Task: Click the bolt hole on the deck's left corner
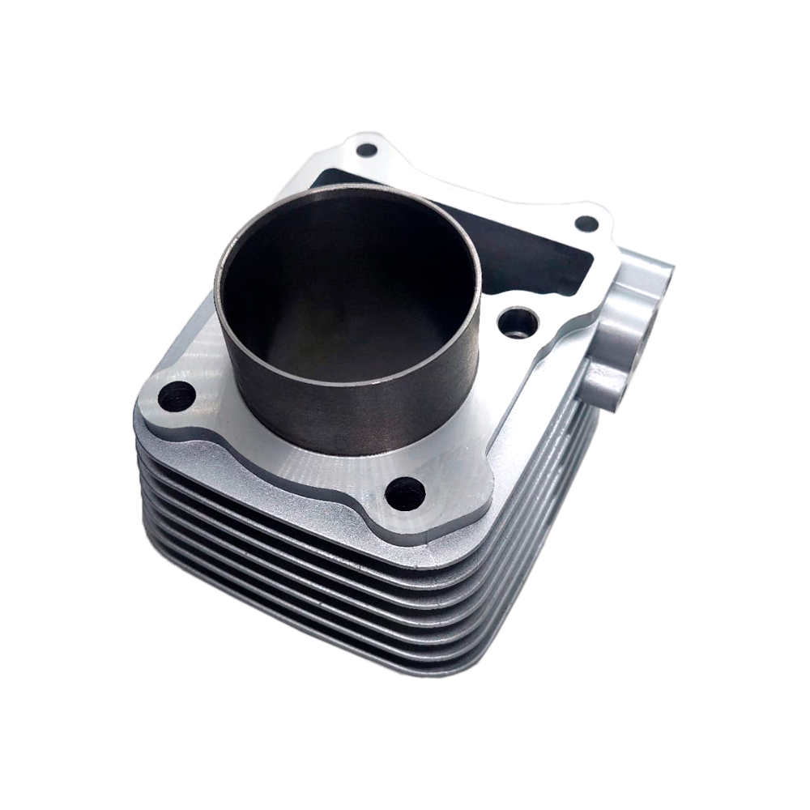tap(177, 396)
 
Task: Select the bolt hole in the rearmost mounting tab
tap(366, 150)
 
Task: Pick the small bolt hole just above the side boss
tap(586, 224)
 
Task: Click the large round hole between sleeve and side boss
tap(518, 323)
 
